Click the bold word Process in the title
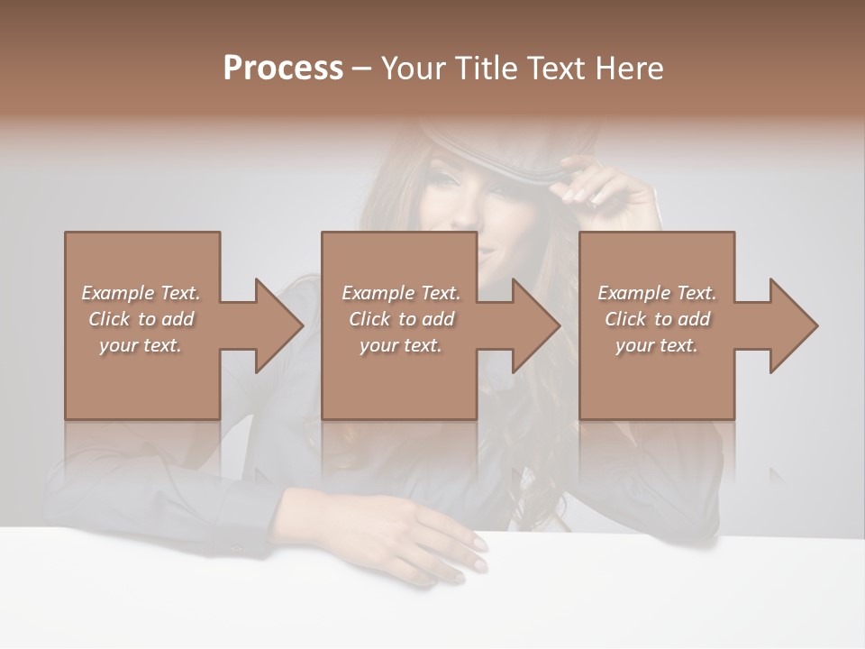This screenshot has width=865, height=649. (283, 68)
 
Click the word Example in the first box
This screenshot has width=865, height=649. (118, 293)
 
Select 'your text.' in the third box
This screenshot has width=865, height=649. (657, 345)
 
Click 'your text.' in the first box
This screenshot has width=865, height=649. (141, 345)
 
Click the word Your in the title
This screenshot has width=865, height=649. (411, 68)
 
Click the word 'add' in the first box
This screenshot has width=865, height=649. (177, 319)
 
